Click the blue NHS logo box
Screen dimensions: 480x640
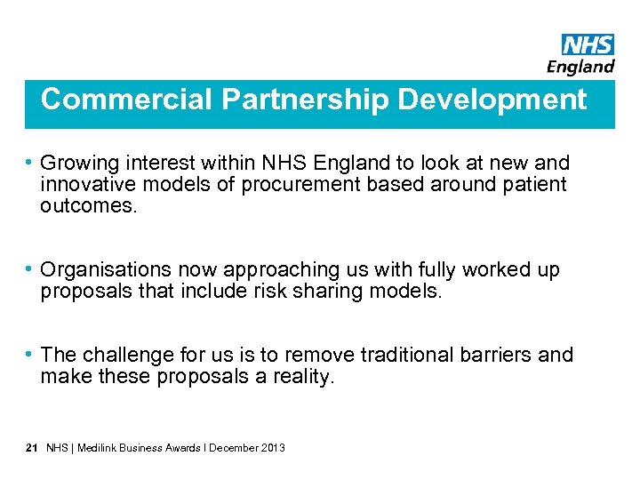coord(588,44)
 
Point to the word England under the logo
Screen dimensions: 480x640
coord(580,67)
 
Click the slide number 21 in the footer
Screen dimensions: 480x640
coord(31,448)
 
